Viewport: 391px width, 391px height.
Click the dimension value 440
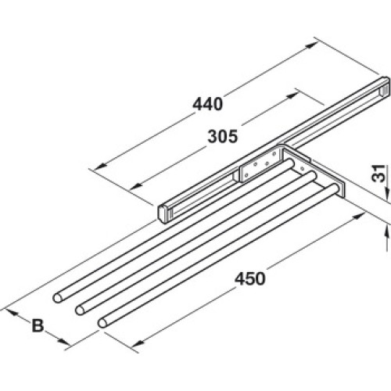coord(208,105)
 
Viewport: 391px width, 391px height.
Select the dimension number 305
coord(223,137)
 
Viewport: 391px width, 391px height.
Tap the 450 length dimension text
coord(250,278)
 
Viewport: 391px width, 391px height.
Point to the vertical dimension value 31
coord(378,174)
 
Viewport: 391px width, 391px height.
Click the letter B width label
coord(38,325)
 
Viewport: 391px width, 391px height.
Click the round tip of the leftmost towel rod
coord(58,298)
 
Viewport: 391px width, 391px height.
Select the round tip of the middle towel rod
coord(81,310)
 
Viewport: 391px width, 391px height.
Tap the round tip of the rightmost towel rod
coord(102,323)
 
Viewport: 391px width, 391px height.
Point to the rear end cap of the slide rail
coord(386,88)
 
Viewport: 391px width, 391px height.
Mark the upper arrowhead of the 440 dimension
coord(310,45)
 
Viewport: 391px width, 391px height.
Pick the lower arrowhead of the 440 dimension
coord(101,166)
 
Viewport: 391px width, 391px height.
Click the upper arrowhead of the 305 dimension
coord(291,95)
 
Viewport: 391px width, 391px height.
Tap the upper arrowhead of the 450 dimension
coord(360,215)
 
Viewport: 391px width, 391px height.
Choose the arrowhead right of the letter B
coord(64,341)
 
